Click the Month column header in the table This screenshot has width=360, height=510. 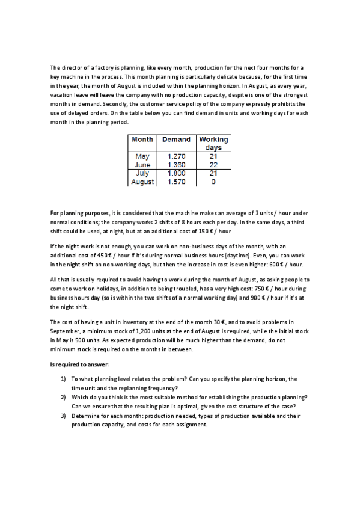(x=142, y=140)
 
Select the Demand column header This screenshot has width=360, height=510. (x=176, y=140)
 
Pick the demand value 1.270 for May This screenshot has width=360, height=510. (x=177, y=156)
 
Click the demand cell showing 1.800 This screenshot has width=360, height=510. (x=177, y=173)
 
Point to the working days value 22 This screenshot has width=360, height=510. (x=213, y=165)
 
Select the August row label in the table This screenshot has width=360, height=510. (x=142, y=181)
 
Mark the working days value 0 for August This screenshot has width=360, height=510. (x=213, y=181)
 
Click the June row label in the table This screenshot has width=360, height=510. (x=142, y=165)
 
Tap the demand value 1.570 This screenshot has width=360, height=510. (x=177, y=181)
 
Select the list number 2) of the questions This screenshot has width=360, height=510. (x=63, y=398)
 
